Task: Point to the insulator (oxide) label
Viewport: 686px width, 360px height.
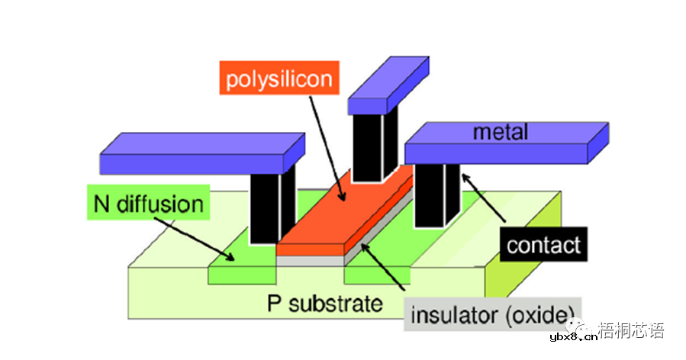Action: [492, 313]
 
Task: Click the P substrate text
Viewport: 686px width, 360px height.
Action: [325, 304]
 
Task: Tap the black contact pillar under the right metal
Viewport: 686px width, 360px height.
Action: [435, 194]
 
